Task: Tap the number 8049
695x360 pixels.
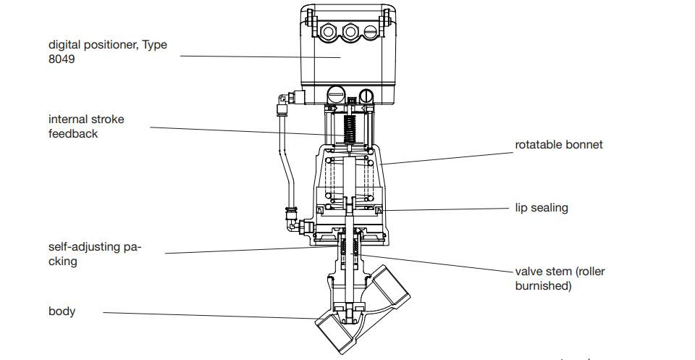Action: (62, 59)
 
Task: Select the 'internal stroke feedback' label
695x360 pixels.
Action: (86, 126)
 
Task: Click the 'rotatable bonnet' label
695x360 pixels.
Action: (558, 144)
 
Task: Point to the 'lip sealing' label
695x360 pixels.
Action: (541, 208)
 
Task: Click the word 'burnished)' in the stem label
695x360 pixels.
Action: (543, 285)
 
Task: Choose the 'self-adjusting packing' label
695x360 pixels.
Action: (94, 254)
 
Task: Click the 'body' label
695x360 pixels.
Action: (62, 311)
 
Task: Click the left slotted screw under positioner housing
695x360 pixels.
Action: (335, 94)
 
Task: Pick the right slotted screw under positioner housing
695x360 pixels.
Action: (366, 94)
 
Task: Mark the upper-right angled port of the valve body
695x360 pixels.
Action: (395, 285)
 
